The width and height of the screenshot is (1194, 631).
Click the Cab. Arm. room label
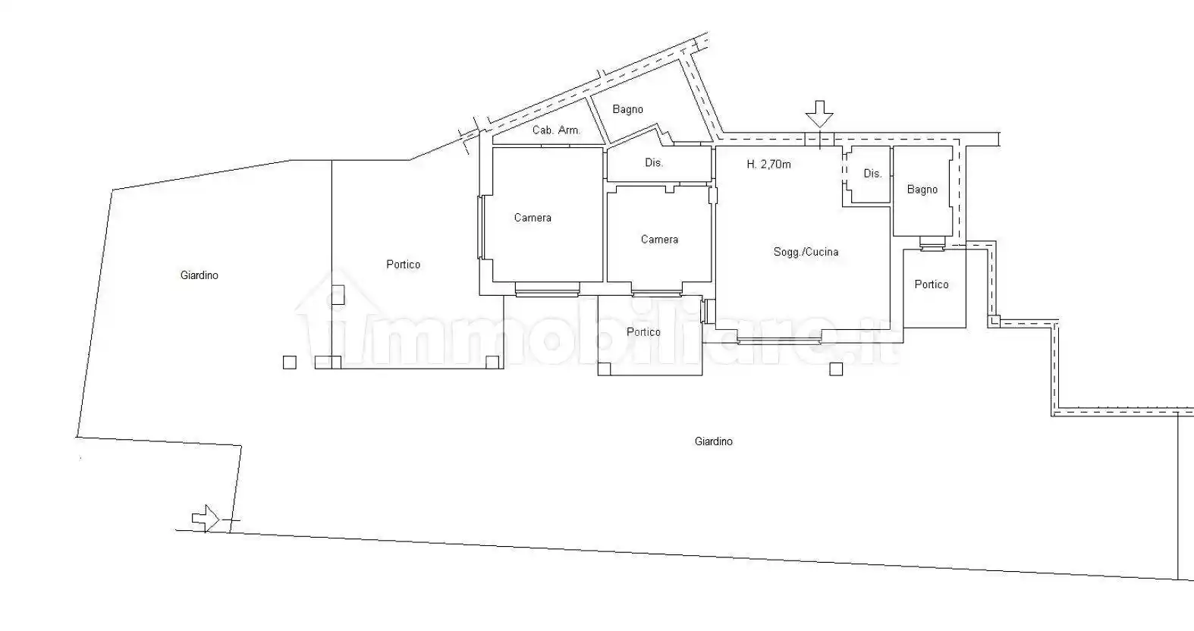click(x=557, y=130)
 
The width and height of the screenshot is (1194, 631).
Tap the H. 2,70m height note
click(x=768, y=165)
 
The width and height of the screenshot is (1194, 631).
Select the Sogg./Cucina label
click(x=806, y=252)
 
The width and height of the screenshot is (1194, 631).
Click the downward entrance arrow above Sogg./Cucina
click(x=819, y=114)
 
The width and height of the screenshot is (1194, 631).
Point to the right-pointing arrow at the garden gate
click(x=206, y=518)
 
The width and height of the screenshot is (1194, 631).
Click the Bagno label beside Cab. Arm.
click(x=628, y=109)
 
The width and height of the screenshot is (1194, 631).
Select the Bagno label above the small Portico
click(x=922, y=189)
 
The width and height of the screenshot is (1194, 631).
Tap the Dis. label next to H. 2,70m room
click(x=872, y=173)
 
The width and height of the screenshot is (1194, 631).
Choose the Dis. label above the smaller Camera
click(x=654, y=162)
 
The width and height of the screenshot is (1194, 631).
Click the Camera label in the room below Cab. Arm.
click(x=533, y=218)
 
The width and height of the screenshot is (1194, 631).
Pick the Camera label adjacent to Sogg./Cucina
click(x=659, y=240)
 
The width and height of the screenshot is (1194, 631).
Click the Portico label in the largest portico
click(x=403, y=265)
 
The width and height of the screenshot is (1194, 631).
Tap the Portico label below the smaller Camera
click(x=643, y=332)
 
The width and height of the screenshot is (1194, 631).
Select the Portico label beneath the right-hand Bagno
click(x=932, y=284)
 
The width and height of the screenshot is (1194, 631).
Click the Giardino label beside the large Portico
click(x=200, y=275)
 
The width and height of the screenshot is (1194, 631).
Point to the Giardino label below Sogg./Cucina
click(x=713, y=441)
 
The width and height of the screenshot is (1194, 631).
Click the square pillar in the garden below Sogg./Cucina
click(x=836, y=369)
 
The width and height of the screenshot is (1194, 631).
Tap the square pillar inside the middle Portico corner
click(x=604, y=369)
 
